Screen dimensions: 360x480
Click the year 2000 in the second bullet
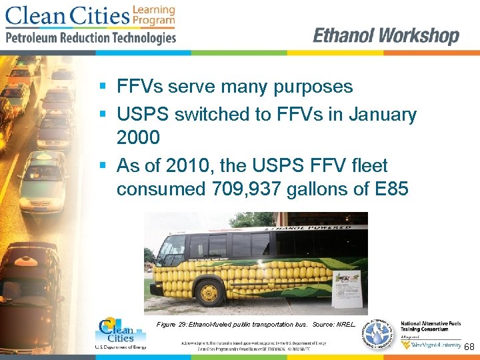pyautogui.click(x=138, y=138)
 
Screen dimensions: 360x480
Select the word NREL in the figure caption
pyautogui.click(x=347, y=324)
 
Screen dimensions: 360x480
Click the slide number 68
pyautogui.click(x=469, y=347)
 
